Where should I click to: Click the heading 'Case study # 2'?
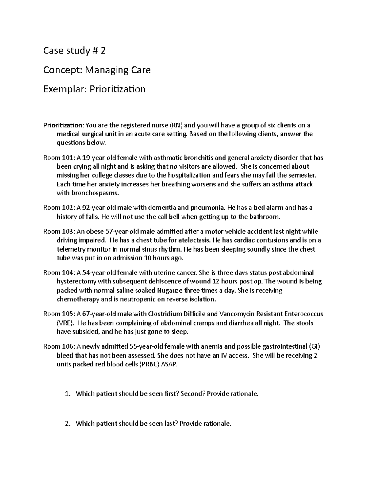[x=74, y=51]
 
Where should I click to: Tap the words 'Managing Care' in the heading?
[x=117, y=70]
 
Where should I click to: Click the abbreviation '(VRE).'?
[x=66, y=323]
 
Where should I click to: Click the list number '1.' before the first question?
[x=68, y=394]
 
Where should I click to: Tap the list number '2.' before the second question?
[x=68, y=424]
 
